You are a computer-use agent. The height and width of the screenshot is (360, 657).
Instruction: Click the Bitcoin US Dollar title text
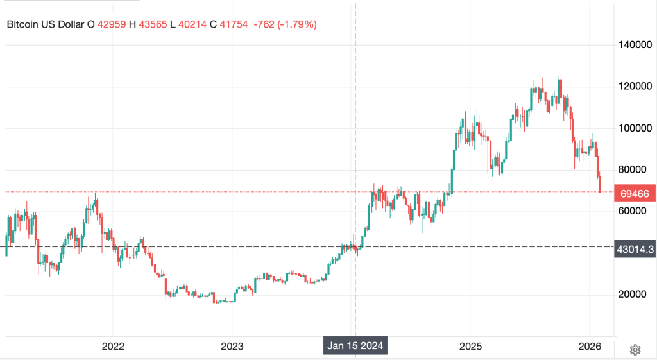click(45, 25)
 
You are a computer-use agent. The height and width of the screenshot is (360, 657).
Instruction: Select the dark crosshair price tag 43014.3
click(634, 248)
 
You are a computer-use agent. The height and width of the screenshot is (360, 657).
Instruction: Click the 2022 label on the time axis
click(113, 347)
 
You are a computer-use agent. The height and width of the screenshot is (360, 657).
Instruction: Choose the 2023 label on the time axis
click(232, 347)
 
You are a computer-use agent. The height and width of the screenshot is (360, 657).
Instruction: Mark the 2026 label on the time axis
click(589, 347)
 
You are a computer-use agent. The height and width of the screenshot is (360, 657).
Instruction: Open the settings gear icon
click(635, 350)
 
